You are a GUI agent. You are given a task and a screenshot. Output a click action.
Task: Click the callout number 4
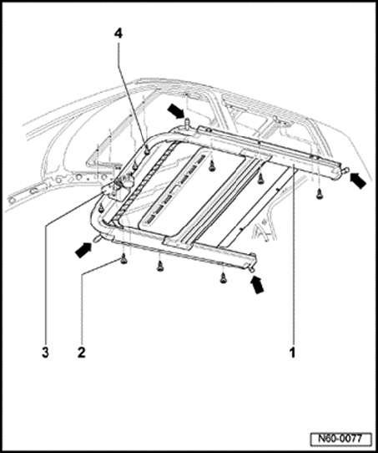pos(118,33)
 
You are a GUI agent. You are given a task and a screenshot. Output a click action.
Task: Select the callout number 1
pos(293,353)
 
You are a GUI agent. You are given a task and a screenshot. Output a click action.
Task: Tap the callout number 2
pos(82,353)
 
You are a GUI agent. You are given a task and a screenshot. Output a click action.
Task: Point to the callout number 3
pos(45,353)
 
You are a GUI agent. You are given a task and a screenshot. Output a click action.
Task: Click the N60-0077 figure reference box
pos(341,439)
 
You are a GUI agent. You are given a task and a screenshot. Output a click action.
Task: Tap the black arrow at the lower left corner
pos(83,249)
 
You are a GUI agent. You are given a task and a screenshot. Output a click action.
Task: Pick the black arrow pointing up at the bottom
pos(257,284)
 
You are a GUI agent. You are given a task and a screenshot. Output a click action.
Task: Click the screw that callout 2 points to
pos(123,259)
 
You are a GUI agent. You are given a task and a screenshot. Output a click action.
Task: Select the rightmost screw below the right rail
pos(319,194)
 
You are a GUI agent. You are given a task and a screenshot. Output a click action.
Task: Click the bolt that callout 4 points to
pos(147,150)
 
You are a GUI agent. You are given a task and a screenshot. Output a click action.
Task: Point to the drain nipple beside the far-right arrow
pos(345,171)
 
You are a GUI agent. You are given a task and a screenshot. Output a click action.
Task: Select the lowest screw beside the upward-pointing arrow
pos(223,278)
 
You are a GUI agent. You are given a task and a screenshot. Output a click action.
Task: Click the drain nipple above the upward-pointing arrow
pos(252,270)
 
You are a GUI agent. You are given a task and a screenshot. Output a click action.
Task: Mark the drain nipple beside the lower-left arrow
pos(98,238)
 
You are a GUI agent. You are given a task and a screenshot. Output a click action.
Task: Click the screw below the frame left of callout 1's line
pos(260,177)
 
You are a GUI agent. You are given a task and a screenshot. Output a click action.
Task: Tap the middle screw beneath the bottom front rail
pos(159,266)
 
